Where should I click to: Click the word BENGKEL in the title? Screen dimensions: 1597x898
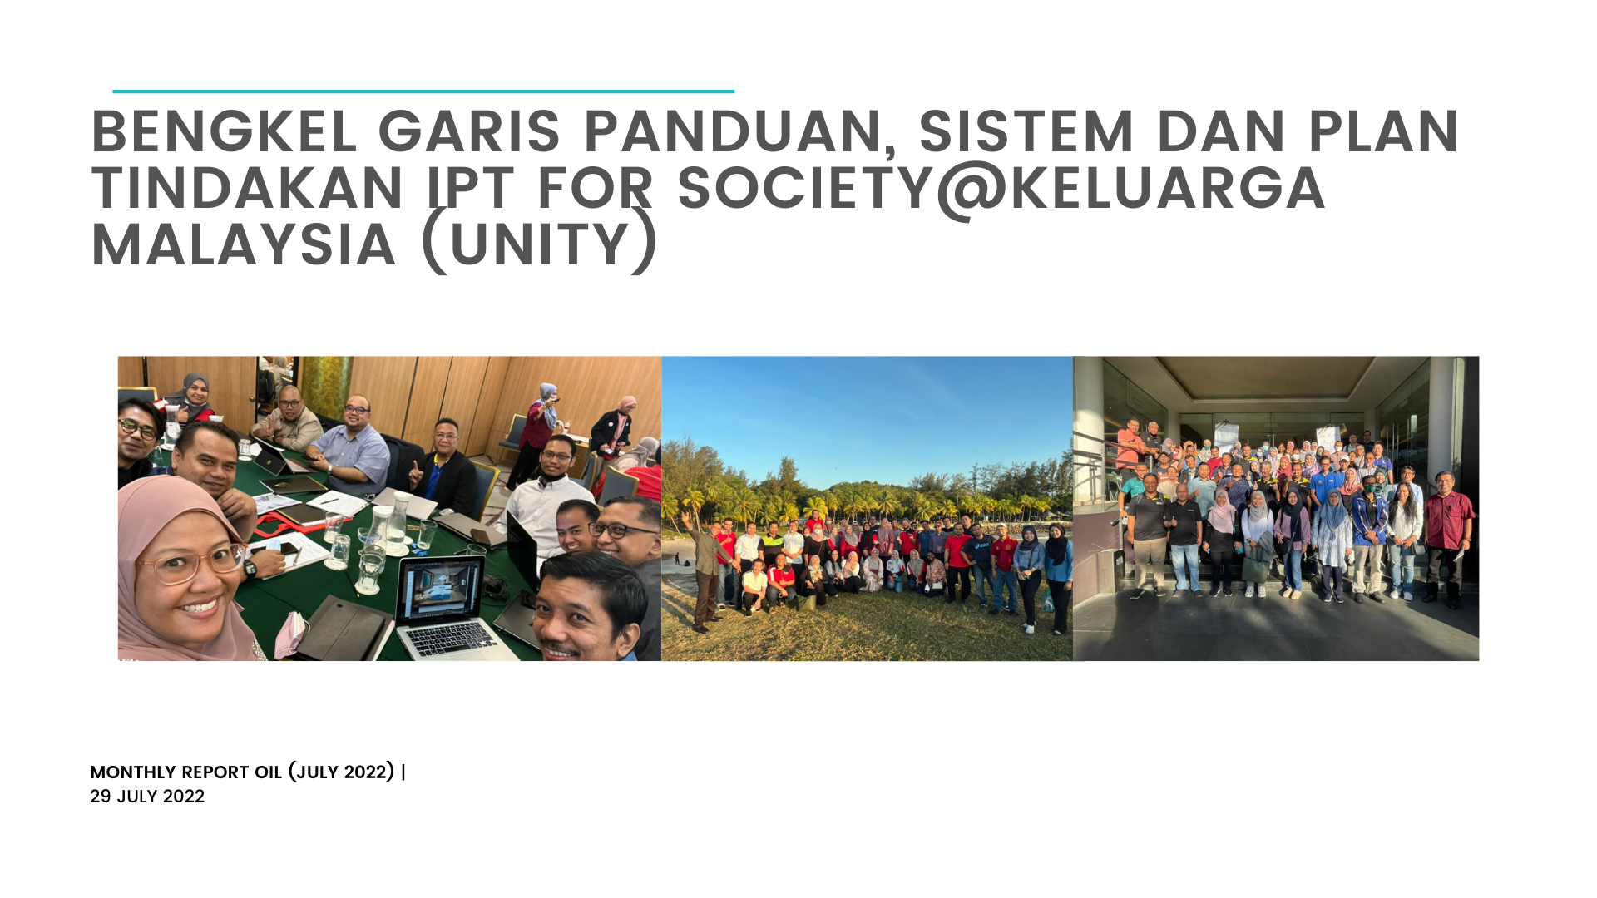pyautogui.click(x=224, y=131)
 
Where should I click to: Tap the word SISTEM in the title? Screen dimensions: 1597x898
pyautogui.click(x=1026, y=131)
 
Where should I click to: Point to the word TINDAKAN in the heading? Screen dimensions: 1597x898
pyautogui.click(x=247, y=188)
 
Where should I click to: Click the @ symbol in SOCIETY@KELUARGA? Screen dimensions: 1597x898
pyautogui.click(x=971, y=190)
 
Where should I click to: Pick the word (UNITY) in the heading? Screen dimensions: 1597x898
pyautogui.click(x=540, y=244)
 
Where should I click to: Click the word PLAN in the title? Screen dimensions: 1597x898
pyautogui.click(x=1383, y=131)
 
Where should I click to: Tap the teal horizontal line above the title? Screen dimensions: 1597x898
pyautogui.click(x=423, y=91)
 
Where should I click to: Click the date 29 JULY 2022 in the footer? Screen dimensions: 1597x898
pyautogui.click(x=147, y=797)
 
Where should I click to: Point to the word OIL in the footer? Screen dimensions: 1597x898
pyautogui.click(x=268, y=772)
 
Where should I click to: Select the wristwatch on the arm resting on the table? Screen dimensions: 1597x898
pyautogui.click(x=250, y=569)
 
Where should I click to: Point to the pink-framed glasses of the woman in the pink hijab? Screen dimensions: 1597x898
pyautogui.click(x=190, y=564)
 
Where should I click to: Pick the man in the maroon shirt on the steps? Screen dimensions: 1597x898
pyautogui.click(x=1447, y=536)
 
